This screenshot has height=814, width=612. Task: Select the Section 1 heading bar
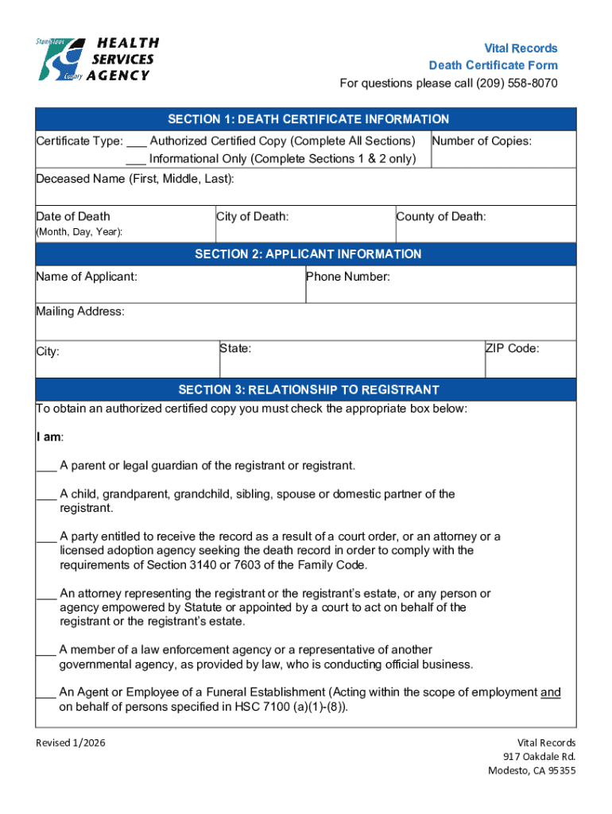coord(308,119)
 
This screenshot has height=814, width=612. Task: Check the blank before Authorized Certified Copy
coord(136,141)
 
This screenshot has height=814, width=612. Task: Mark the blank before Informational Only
coord(136,159)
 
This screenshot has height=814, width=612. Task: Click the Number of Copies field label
coord(482,141)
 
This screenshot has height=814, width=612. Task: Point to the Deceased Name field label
coord(135,179)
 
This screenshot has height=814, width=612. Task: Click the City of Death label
coord(252,216)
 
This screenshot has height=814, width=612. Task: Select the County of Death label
coord(441,216)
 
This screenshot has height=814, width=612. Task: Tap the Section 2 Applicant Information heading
coord(308,254)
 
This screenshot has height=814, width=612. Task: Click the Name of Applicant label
coord(87,277)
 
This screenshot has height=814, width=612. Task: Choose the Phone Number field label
coord(348,277)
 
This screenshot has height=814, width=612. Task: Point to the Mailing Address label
coord(80,312)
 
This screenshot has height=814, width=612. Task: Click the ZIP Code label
coord(513,348)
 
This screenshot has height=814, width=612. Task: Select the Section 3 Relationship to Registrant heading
coord(308,390)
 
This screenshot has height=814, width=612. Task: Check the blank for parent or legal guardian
coord(46,466)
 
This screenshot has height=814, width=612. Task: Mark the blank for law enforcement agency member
coord(46,650)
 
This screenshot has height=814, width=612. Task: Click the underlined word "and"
coord(550,692)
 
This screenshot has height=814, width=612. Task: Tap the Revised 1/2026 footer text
coord(71,742)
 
